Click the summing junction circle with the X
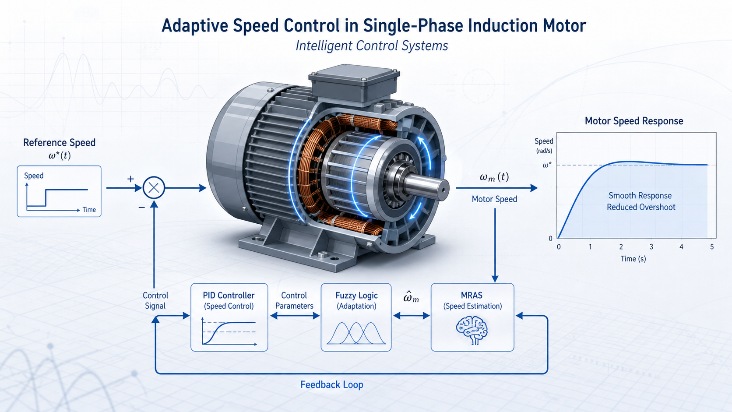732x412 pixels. (154, 188)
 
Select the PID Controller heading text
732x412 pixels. (229, 296)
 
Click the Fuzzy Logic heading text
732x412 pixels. (356, 296)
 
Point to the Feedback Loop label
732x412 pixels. (332, 384)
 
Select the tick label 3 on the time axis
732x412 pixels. (651, 246)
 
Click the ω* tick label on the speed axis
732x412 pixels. (547, 165)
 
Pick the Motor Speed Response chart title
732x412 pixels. (634, 121)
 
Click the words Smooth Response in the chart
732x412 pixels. (640, 195)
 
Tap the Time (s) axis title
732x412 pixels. (633, 259)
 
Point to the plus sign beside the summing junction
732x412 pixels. (130, 179)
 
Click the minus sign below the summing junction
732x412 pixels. (142, 208)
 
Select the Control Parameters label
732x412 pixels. (294, 301)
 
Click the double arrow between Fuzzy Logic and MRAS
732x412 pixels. (412, 316)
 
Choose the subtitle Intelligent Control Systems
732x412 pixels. (372, 46)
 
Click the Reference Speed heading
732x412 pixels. (59, 142)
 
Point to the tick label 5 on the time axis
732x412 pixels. (712, 246)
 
